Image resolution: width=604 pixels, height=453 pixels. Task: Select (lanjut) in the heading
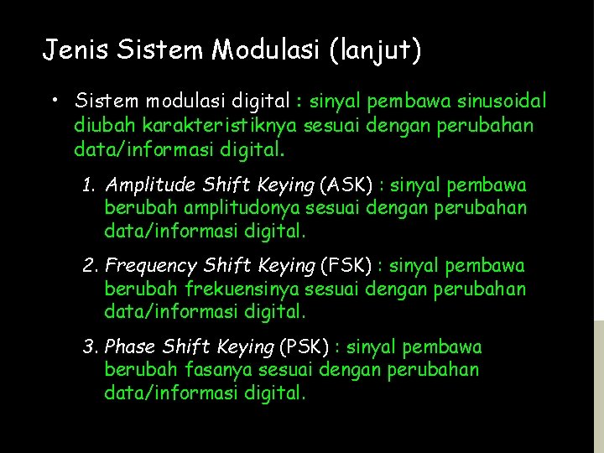tap(375, 51)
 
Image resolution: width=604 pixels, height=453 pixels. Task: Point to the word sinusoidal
tap(502, 102)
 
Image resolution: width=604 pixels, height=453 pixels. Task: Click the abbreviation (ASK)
tap(341, 185)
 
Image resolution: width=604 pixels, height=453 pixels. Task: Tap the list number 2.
tap(90, 266)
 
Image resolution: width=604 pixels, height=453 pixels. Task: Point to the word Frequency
tap(152, 267)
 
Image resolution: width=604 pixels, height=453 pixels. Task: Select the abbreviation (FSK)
tap(345, 266)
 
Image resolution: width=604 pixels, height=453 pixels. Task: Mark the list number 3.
tap(90, 347)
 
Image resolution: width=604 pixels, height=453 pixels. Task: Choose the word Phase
tap(130, 347)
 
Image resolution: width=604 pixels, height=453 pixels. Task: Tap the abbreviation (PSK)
tap(303, 347)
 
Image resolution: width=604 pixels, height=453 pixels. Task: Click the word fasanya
tap(208, 370)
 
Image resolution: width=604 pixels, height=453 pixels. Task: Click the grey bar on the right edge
tap(597, 386)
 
